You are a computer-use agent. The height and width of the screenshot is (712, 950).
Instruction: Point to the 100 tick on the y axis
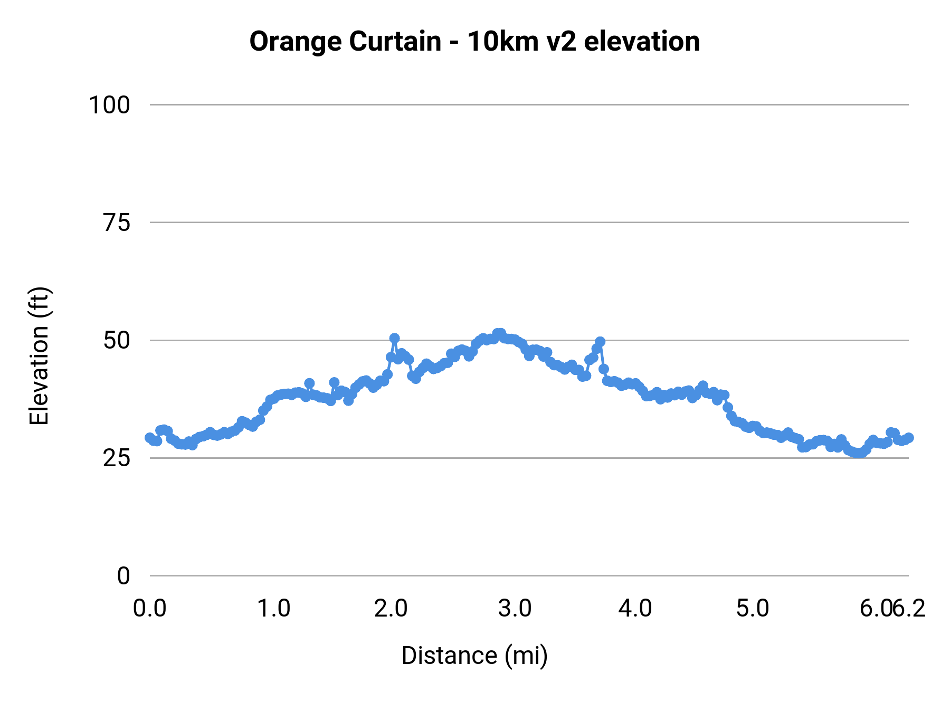109,105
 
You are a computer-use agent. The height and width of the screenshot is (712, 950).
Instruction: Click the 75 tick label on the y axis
116,224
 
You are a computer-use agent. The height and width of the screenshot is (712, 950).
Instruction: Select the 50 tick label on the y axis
116,341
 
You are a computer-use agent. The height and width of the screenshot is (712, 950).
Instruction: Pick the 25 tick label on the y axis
116,459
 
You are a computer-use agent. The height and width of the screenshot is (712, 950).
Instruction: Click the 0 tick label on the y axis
123,576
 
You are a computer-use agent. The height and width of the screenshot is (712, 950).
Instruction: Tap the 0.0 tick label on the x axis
150,609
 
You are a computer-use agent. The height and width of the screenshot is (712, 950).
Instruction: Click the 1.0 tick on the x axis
273,609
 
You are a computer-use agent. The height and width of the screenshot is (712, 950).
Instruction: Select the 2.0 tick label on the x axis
391,609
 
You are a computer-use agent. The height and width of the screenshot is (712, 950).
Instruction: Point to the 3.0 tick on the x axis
515,609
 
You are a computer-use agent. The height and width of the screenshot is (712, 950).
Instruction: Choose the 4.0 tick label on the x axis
635,609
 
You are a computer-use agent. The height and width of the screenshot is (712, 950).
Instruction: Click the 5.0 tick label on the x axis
753,609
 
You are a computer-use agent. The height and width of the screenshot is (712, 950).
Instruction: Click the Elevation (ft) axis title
39,356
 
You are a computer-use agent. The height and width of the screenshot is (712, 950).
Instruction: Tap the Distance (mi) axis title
474,656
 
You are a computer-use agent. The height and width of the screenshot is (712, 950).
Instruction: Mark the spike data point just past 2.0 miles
394,338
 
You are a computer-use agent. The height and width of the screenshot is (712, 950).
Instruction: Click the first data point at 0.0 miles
150,438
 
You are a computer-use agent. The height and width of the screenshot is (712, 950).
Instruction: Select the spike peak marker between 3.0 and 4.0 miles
600,342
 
